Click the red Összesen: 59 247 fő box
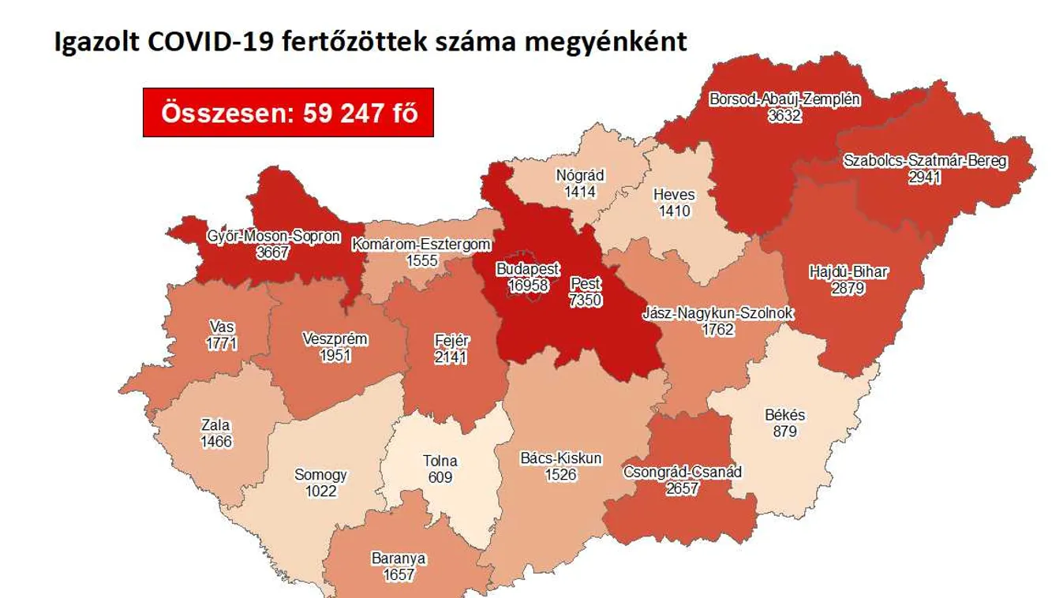coord(288,113)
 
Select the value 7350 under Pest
coord(585,300)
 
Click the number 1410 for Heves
coord(674,211)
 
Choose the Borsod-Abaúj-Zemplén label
coord(784,100)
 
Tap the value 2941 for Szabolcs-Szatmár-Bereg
coord(924,177)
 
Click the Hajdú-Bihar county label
coord(848,273)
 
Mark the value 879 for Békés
coord(785,431)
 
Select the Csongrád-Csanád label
coord(682,473)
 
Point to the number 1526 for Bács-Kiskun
coord(561,474)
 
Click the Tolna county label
coord(440,462)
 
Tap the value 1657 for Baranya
coord(399,575)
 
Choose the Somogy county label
coord(320,475)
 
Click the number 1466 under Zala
coord(216,442)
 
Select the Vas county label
coord(222,327)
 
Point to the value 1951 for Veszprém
coord(335,357)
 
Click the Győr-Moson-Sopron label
coord(273,236)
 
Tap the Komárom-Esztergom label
coord(422,245)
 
